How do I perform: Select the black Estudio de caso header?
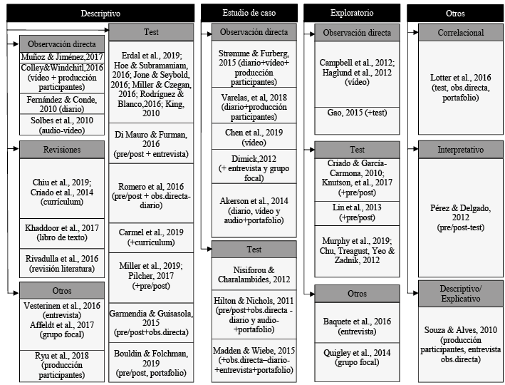(249, 13)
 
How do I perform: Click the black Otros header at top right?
(455, 13)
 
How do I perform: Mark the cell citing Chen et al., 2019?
(254, 137)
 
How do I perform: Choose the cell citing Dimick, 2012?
(254, 167)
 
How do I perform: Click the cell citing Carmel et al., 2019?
(150, 237)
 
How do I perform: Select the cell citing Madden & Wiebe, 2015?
(254, 359)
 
